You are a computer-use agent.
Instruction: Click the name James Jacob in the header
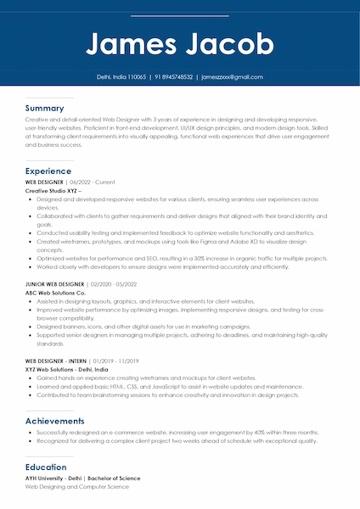point(180,43)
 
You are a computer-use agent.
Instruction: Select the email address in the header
point(232,76)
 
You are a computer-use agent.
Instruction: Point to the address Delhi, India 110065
point(121,76)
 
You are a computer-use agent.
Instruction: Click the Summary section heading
point(44,109)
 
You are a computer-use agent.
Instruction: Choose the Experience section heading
point(48,171)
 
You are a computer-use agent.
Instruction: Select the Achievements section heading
point(55,421)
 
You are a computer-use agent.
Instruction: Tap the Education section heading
point(46,467)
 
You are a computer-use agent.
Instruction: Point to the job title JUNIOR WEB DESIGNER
point(55,284)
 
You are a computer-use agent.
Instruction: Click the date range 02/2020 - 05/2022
point(114,284)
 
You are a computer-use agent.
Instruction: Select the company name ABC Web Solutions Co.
point(56,293)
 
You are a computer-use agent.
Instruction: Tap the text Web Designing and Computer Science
point(76,488)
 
